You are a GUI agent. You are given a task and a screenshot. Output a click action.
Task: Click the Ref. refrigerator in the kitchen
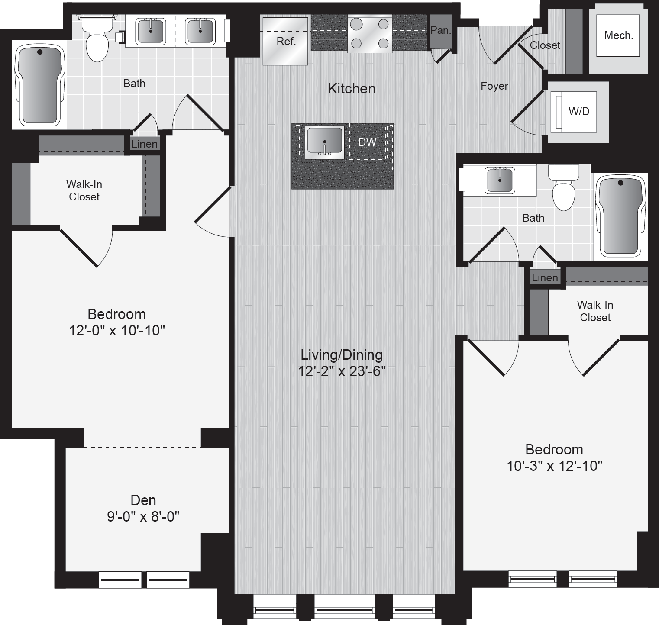coord(285,41)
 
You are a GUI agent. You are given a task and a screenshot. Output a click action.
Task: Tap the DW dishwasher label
coord(367,142)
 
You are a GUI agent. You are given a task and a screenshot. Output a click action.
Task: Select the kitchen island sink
coord(325,142)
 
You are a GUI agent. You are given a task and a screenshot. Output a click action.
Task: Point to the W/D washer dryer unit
coord(573,112)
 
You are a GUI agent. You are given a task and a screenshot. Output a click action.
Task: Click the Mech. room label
coord(618,35)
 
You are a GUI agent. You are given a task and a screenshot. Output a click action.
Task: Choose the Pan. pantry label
coord(440,30)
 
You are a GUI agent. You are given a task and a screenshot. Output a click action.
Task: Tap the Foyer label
coord(494,86)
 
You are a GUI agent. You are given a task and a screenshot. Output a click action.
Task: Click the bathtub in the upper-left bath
coord(40,86)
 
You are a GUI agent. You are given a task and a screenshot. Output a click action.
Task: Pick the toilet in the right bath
coord(563,187)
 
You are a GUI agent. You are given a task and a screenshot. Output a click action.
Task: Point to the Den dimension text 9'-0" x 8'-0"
coord(143,516)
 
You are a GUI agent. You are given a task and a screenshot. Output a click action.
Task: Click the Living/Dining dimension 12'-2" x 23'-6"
coord(342,371)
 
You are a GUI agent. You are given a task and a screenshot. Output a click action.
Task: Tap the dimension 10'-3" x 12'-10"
coord(554,466)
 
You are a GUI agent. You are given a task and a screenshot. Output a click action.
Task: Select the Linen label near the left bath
coord(145,144)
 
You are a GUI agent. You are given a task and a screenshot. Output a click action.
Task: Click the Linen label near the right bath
coord(545,278)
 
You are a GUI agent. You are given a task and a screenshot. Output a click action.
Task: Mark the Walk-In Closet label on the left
coord(84,190)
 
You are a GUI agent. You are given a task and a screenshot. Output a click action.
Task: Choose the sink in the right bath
coord(500,180)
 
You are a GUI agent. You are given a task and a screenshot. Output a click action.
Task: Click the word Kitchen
coord(352,89)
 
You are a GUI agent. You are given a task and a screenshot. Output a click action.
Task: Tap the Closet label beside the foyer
coord(545,45)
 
